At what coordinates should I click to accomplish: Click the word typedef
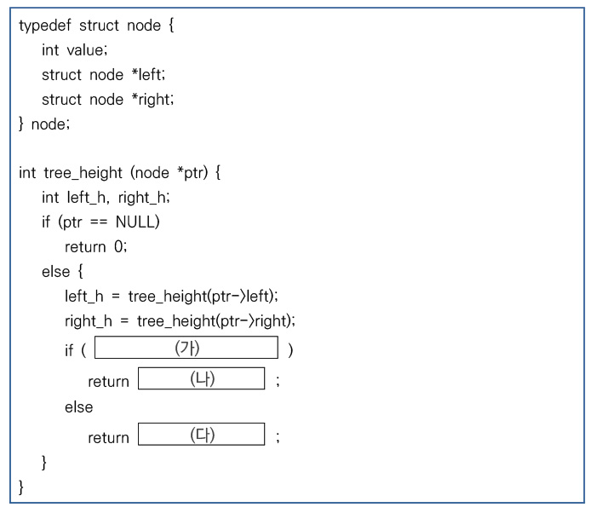pyautogui.click(x=45, y=26)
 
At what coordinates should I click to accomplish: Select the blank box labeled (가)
pyautogui.click(x=186, y=348)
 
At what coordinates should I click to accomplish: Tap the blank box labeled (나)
pyautogui.click(x=202, y=378)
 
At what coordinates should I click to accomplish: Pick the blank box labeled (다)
pyautogui.click(x=202, y=434)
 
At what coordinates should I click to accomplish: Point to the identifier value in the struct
pyautogui.click(x=85, y=50)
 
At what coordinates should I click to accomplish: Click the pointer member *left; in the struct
pyautogui.click(x=148, y=75)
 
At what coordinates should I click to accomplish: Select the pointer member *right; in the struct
pyautogui.click(x=152, y=100)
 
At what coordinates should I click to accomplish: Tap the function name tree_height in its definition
pyautogui.click(x=83, y=173)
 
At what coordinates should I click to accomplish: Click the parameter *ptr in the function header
pyautogui.click(x=192, y=173)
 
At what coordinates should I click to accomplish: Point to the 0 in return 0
pyautogui.click(x=118, y=246)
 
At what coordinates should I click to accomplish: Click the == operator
pyautogui.click(x=99, y=222)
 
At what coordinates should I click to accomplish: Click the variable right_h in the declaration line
pyautogui.click(x=142, y=198)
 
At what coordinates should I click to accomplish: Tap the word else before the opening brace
pyautogui.click(x=56, y=272)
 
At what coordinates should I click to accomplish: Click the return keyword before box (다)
pyautogui.click(x=109, y=438)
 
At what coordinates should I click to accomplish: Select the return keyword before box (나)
pyautogui.click(x=109, y=382)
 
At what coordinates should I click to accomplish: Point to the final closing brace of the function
pyautogui.click(x=21, y=487)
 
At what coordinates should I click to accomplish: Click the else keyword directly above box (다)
pyautogui.click(x=78, y=407)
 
